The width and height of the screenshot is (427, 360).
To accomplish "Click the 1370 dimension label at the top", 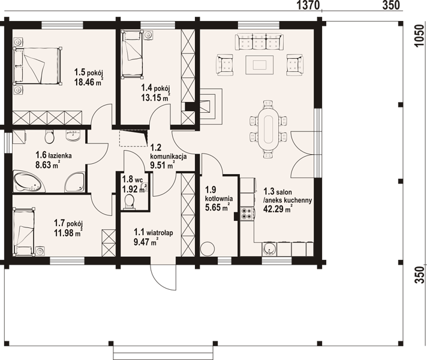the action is tap(308, 5).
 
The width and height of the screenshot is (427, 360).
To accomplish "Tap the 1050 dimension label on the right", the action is tap(420, 35).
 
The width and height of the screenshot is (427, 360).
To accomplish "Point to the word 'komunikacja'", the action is tap(169, 157).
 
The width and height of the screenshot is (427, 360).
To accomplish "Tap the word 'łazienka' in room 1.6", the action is tap(60, 155).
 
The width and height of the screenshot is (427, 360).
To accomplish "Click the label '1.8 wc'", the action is tap(133, 179).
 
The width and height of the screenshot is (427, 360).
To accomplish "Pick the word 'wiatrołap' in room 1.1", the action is tap(160, 233).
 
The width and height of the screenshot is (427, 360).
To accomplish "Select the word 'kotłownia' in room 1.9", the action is tap(219, 199).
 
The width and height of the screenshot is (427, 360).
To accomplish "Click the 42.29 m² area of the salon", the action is tap(278, 209).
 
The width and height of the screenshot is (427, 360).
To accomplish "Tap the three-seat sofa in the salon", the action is tap(259, 41).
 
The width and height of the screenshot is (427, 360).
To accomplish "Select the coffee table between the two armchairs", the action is tap(259, 65).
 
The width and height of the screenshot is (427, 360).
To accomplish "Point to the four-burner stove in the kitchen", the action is tap(248, 214).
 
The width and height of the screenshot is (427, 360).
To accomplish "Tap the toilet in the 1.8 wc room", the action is tap(129, 203).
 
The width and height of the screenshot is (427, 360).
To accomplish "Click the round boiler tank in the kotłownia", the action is tap(208, 249).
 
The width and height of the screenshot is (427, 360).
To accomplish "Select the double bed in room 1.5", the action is tap(37, 65).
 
